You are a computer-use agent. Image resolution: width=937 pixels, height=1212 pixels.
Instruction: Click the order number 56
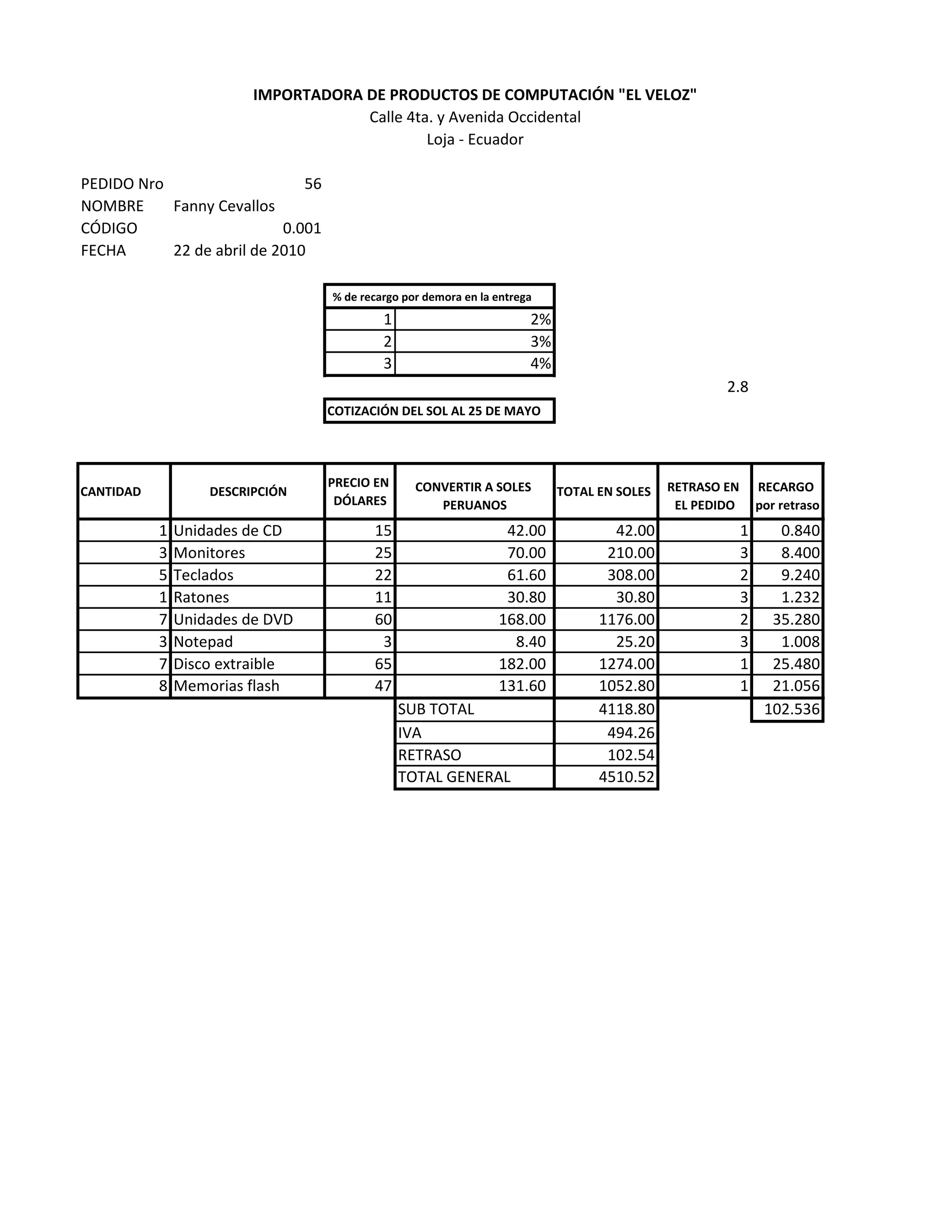click(x=312, y=184)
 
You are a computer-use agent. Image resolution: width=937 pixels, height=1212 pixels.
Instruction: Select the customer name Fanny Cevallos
click(x=224, y=206)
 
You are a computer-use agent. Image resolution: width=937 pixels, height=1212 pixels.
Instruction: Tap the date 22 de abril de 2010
click(x=239, y=251)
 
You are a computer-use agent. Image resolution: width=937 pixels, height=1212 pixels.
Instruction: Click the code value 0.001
click(x=302, y=229)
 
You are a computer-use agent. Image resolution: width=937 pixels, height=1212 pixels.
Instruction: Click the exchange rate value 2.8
click(x=737, y=387)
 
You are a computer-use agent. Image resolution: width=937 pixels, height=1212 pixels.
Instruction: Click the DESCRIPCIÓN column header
click(x=248, y=492)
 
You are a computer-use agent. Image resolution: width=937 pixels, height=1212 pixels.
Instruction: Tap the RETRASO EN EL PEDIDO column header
click(x=703, y=496)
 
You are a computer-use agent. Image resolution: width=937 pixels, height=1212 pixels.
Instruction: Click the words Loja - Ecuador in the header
click(x=474, y=139)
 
